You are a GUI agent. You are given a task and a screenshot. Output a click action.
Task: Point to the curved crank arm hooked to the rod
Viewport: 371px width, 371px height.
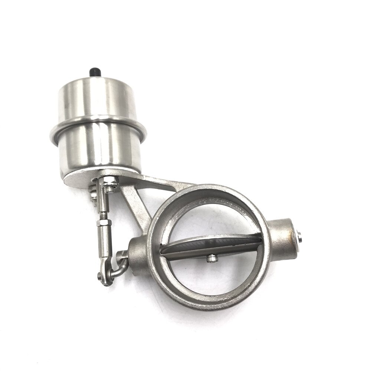(119, 265)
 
